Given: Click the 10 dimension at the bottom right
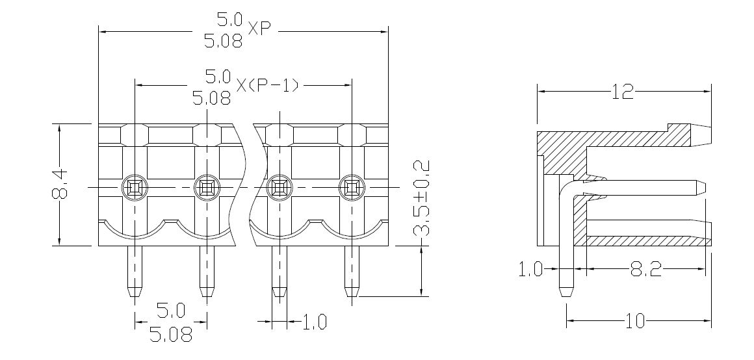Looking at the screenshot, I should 635,320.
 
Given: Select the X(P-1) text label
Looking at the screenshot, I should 267,84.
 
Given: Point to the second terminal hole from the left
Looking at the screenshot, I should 207,188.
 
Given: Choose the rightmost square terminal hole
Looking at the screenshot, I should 352,188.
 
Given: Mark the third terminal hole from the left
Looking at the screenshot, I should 280,188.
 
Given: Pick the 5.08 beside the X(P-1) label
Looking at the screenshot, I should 213,99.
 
